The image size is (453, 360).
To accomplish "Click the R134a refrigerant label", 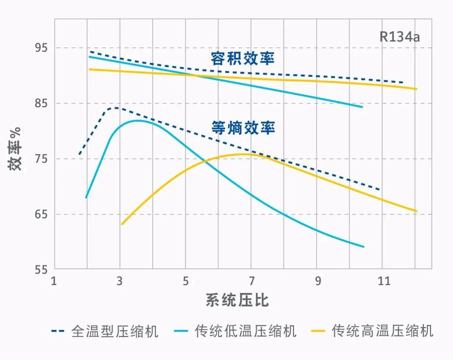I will coord(399,37).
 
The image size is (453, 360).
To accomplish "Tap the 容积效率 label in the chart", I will coord(243,58).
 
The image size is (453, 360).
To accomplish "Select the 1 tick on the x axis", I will coord(54,281).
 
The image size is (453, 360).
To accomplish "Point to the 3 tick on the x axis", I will coord(120,281).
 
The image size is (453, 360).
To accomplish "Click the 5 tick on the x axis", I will coord(186,281).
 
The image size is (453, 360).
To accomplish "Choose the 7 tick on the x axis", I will coord(252,281).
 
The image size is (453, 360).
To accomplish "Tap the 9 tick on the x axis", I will coord(318,281).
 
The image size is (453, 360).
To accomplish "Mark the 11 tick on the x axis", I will coord(383,281).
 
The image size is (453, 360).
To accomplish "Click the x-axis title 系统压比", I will coord(237,300).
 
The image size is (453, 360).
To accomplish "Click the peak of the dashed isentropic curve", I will coord(114,108).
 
